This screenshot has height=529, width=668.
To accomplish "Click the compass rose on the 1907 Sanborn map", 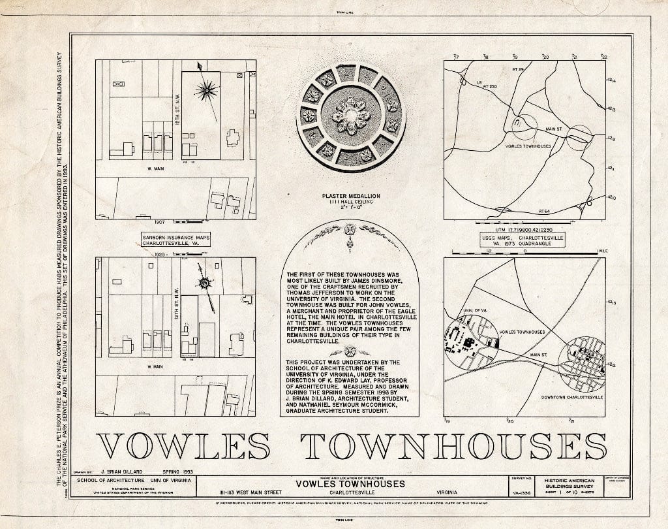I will click(210, 89).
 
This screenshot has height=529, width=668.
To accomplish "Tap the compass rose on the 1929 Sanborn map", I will click(206, 283).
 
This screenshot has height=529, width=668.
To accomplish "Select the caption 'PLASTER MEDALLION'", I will click(350, 196).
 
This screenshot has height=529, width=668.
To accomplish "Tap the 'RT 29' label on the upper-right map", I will click(519, 69).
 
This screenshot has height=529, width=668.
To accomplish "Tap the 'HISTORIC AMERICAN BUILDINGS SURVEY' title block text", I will click(571, 484).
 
